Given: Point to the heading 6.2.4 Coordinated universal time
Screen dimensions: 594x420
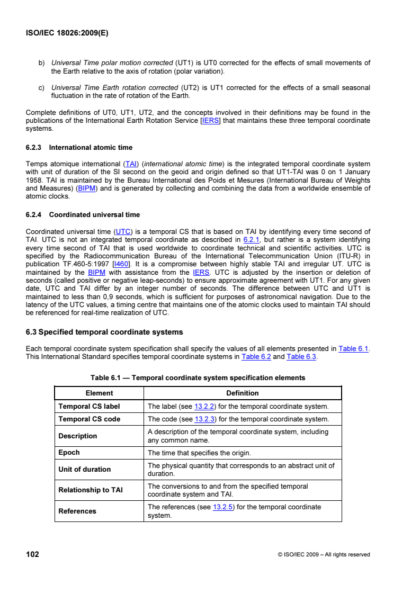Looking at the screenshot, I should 83,214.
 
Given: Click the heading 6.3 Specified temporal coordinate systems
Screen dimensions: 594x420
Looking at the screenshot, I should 104,332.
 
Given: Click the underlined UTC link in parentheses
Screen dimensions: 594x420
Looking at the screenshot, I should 123,231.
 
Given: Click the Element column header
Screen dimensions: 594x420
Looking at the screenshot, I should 99,393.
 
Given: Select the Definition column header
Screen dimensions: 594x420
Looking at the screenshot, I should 242,393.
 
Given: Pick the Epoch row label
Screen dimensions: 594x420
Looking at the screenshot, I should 69,453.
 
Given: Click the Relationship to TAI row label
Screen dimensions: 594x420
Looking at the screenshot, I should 90,490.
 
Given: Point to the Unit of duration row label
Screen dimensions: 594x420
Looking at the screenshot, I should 84,469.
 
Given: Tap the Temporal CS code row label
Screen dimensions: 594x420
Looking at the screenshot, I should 89,419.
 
